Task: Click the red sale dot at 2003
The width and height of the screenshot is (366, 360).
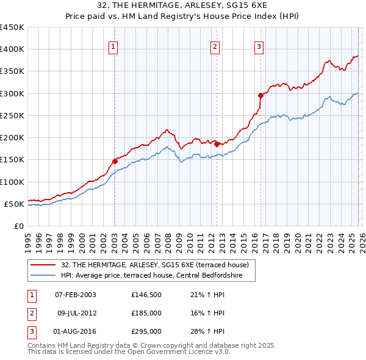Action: pos(115,162)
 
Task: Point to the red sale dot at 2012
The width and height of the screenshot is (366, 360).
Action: pos(217,145)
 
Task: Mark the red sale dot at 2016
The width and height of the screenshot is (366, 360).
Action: pos(260,95)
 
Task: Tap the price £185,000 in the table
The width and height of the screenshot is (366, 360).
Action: pos(146,313)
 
